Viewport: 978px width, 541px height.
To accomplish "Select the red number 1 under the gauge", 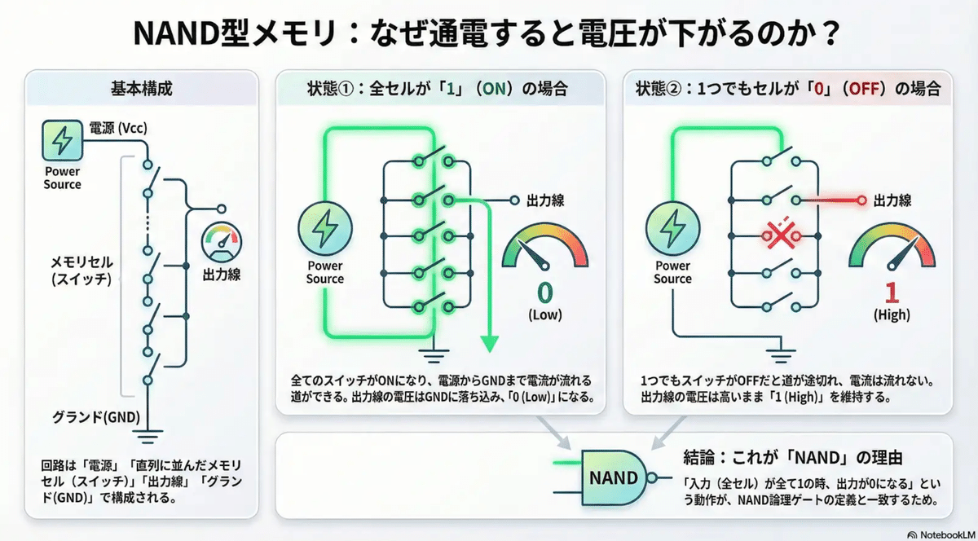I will (x=890, y=291).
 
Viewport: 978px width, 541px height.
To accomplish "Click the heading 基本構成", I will (x=141, y=88).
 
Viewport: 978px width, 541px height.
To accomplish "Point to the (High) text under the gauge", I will (x=891, y=314).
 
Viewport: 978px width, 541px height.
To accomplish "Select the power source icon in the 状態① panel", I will (x=325, y=231).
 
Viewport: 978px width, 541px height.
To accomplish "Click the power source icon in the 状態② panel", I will (x=673, y=231).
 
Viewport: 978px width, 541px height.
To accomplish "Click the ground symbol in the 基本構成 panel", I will (x=150, y=439).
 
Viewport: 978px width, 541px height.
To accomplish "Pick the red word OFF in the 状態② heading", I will (x=862, y=88).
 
